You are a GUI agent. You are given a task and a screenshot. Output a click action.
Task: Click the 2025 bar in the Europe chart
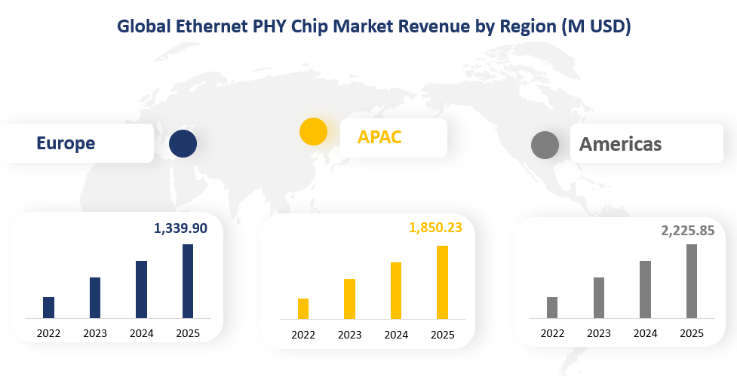(188, 281)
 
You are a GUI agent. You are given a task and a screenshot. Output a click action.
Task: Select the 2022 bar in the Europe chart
(48, 308)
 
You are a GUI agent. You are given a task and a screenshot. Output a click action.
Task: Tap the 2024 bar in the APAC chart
(396, 291)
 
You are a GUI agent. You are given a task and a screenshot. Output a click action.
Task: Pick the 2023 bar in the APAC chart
(349, 299)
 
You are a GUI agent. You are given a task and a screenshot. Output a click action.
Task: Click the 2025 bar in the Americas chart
(691, 281)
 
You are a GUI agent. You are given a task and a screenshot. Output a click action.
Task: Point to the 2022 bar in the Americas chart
(552, 308)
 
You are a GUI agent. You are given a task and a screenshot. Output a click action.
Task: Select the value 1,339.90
(180, 228)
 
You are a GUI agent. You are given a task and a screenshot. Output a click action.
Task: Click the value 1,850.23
(435, 227)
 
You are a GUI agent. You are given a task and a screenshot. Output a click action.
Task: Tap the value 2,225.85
(688, 231)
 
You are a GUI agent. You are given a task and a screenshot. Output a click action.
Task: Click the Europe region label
(66, 143)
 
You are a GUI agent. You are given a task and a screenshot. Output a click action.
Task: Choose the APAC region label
(379, 137)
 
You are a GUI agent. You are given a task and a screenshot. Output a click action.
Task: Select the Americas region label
(620, 144)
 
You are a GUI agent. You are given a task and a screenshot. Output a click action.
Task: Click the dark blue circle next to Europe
(183, 143)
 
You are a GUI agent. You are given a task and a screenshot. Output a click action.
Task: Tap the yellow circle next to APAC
(313, 131)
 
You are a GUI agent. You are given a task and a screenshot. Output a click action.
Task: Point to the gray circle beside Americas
(545, 145)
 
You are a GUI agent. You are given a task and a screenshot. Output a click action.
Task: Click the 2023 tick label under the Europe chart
(95, 333)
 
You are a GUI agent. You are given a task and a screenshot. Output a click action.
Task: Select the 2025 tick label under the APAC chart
(443, 335)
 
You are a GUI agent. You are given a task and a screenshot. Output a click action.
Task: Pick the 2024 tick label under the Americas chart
(645, 333)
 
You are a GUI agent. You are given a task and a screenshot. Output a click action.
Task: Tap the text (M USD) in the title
(597, 26)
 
